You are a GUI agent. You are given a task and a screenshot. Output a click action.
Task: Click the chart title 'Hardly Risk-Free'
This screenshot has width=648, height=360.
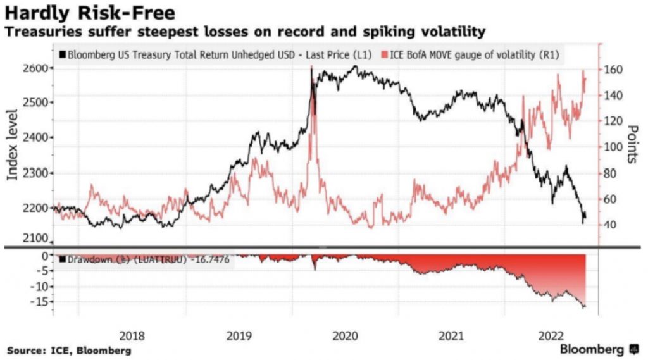(x=90, y=12)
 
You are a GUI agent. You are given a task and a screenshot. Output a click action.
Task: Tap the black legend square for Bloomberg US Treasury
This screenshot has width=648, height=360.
(x=61, y=55)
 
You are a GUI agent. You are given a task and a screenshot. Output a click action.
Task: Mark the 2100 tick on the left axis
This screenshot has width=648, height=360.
(x=32, y=239)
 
